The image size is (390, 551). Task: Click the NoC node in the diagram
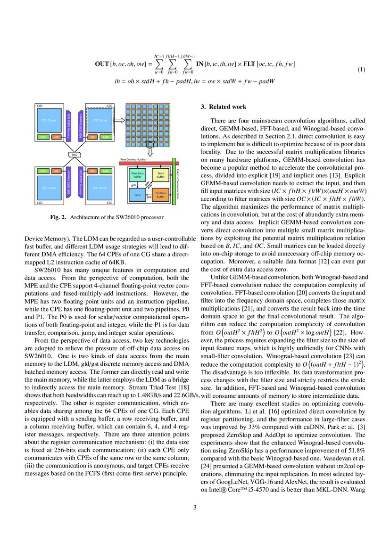click(x=75, y=154)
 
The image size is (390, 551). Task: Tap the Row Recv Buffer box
click(x=137, y=175)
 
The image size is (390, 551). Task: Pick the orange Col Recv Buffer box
click(x=160, y=194)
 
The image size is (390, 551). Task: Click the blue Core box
click(x=137, y=194)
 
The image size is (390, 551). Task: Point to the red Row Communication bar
click(x=146, y=163)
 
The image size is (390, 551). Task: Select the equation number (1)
click(x=361, y=70)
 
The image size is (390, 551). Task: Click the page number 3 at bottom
click(x=195, y=507)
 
